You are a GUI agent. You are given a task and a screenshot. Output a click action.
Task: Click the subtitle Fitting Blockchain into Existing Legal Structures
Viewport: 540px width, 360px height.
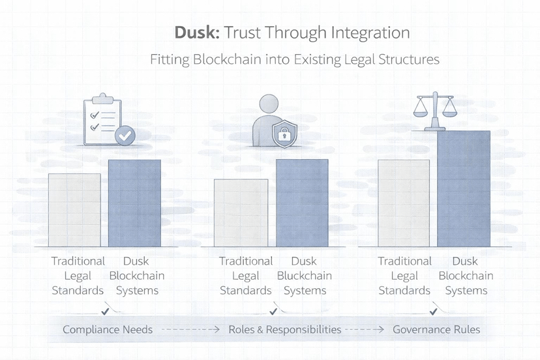coord(295,59)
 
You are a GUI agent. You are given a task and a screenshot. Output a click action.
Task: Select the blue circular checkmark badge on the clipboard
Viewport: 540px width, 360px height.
coord(125,136)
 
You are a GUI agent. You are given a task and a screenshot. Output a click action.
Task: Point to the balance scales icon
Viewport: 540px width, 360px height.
coord(434,111)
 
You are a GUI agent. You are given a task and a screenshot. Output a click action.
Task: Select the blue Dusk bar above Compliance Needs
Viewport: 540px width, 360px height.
coord(134,203)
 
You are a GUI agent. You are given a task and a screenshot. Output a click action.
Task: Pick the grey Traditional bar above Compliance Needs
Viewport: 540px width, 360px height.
coord(74,210)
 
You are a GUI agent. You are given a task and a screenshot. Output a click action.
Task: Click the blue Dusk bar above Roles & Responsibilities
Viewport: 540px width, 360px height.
coord(302,203)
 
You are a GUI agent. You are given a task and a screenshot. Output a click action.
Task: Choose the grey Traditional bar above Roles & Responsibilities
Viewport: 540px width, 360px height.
coord(241,213)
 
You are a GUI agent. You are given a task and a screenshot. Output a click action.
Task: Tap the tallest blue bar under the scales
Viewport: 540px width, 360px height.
coord(464,188)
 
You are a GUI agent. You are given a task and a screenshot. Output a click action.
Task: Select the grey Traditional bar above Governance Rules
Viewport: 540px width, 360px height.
coord(404,203)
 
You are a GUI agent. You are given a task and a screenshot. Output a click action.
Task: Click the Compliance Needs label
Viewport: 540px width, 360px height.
coord(108,329)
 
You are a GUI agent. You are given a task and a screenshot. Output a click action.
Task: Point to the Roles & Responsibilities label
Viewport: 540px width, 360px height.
coord(284,329)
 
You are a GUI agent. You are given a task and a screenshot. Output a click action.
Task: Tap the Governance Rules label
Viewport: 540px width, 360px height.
coord(436,329)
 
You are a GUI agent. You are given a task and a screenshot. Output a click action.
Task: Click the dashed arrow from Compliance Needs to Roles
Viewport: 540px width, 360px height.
coord(190,330)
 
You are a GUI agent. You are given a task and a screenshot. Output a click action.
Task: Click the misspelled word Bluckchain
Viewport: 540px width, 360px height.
coord(304,276)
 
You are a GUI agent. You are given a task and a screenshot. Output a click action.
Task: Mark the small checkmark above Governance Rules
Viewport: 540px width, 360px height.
coord(434,311)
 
